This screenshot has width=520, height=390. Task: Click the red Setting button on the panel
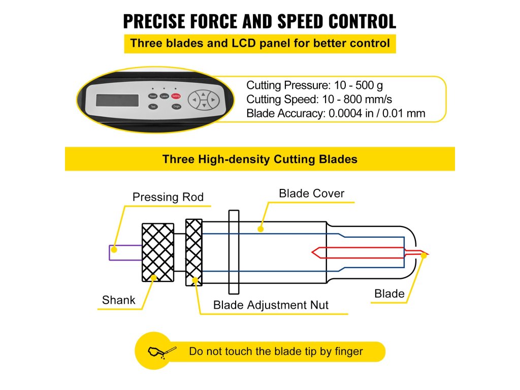point(176,95)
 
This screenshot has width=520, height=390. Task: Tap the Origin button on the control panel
point(176,107)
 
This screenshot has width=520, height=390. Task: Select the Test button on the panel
point(153,107)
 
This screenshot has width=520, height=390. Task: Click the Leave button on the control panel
point(164,95)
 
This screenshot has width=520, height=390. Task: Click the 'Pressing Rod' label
point(168,197)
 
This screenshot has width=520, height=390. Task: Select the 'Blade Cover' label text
point(311,193)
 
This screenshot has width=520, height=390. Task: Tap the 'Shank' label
point(119,300)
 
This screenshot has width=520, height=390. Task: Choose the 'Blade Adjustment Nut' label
point(271,305)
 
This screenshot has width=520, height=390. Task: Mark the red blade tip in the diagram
point(424,253)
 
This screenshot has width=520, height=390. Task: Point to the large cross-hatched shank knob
point(158,252)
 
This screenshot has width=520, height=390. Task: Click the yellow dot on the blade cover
point(261,229)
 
